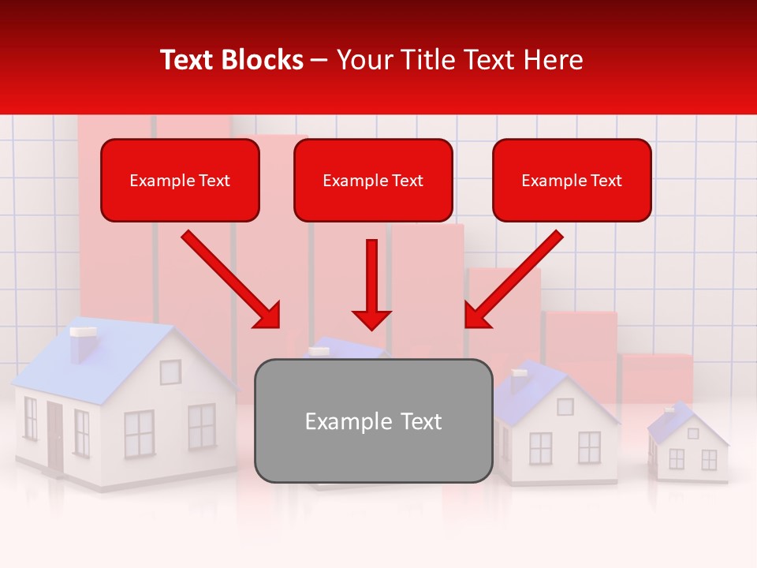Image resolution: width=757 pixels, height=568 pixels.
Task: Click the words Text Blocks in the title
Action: [232, 60]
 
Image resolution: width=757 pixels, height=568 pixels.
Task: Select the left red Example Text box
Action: [180, 180]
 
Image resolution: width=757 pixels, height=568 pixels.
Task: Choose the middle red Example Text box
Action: [373, 180]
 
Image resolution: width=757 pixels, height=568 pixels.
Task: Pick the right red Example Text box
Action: [572, 180]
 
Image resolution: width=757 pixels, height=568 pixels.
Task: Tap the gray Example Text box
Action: [373, 421]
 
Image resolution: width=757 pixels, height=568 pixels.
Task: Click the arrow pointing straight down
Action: [371, 284]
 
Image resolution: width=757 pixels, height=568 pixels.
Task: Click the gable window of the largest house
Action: [170, 372]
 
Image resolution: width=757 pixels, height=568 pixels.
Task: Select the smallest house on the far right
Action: [688, 446]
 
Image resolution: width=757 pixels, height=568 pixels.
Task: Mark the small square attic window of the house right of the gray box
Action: [565, 406]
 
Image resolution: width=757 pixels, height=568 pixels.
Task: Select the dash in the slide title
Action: [319, 60]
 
